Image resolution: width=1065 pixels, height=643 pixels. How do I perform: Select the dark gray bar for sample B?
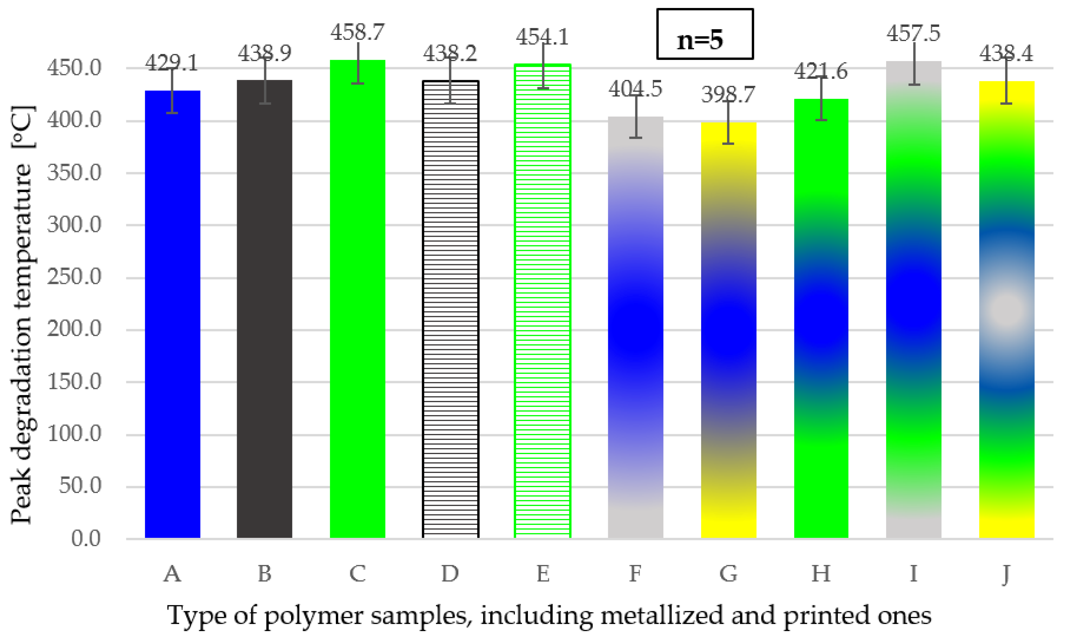[264, 309]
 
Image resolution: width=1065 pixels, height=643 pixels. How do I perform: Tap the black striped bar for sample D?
[450, 309]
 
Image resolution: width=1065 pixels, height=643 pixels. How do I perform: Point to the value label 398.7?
[728, 95]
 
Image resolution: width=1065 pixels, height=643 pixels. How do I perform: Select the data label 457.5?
[914, 33]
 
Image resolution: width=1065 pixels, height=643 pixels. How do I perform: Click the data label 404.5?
[635, 89]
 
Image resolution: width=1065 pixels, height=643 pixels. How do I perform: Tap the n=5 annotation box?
[705, 34]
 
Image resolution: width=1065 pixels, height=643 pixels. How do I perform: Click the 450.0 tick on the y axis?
[74, 68]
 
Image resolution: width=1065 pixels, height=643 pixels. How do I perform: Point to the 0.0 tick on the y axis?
[86, 539]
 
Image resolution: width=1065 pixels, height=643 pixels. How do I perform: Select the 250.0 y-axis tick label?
[74, 277]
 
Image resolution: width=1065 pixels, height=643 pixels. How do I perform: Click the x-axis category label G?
[728, 574]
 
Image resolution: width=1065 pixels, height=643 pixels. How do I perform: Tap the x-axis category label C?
[357, 574]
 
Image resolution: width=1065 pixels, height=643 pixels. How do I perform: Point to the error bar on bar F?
[635, 117]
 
